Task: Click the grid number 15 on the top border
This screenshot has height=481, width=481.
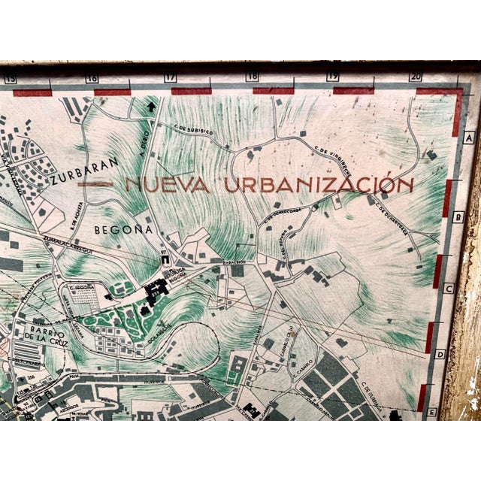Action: [x=11, y=78]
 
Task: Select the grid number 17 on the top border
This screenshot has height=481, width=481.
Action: [x=171, y=77]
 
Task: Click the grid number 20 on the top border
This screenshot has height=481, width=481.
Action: [x=416, y=76]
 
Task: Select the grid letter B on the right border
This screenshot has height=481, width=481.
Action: [x=460, y=217]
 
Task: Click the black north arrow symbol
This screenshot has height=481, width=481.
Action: [x=153, y=107]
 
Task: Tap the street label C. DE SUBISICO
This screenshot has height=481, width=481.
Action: [x=195, y=126]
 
